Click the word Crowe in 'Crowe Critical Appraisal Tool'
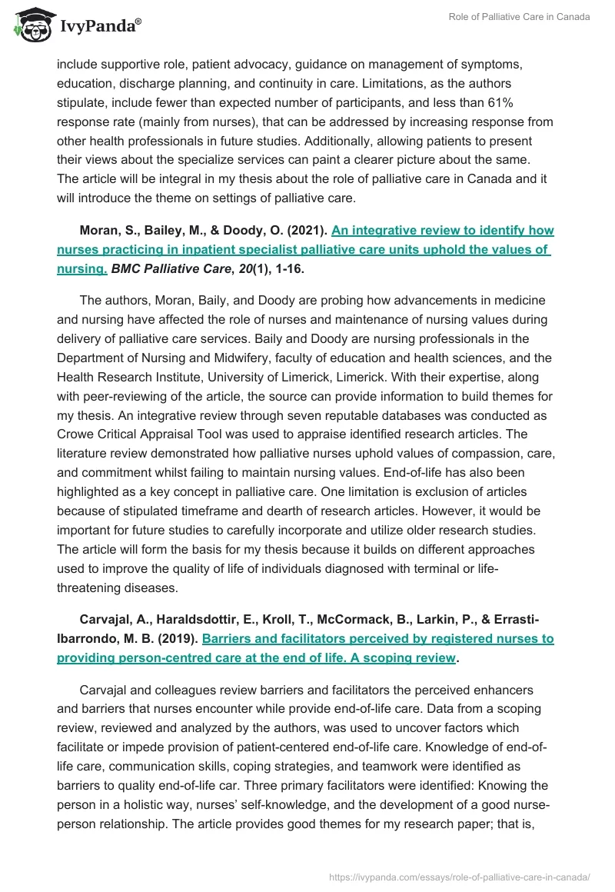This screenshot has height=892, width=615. pos(75,435)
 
